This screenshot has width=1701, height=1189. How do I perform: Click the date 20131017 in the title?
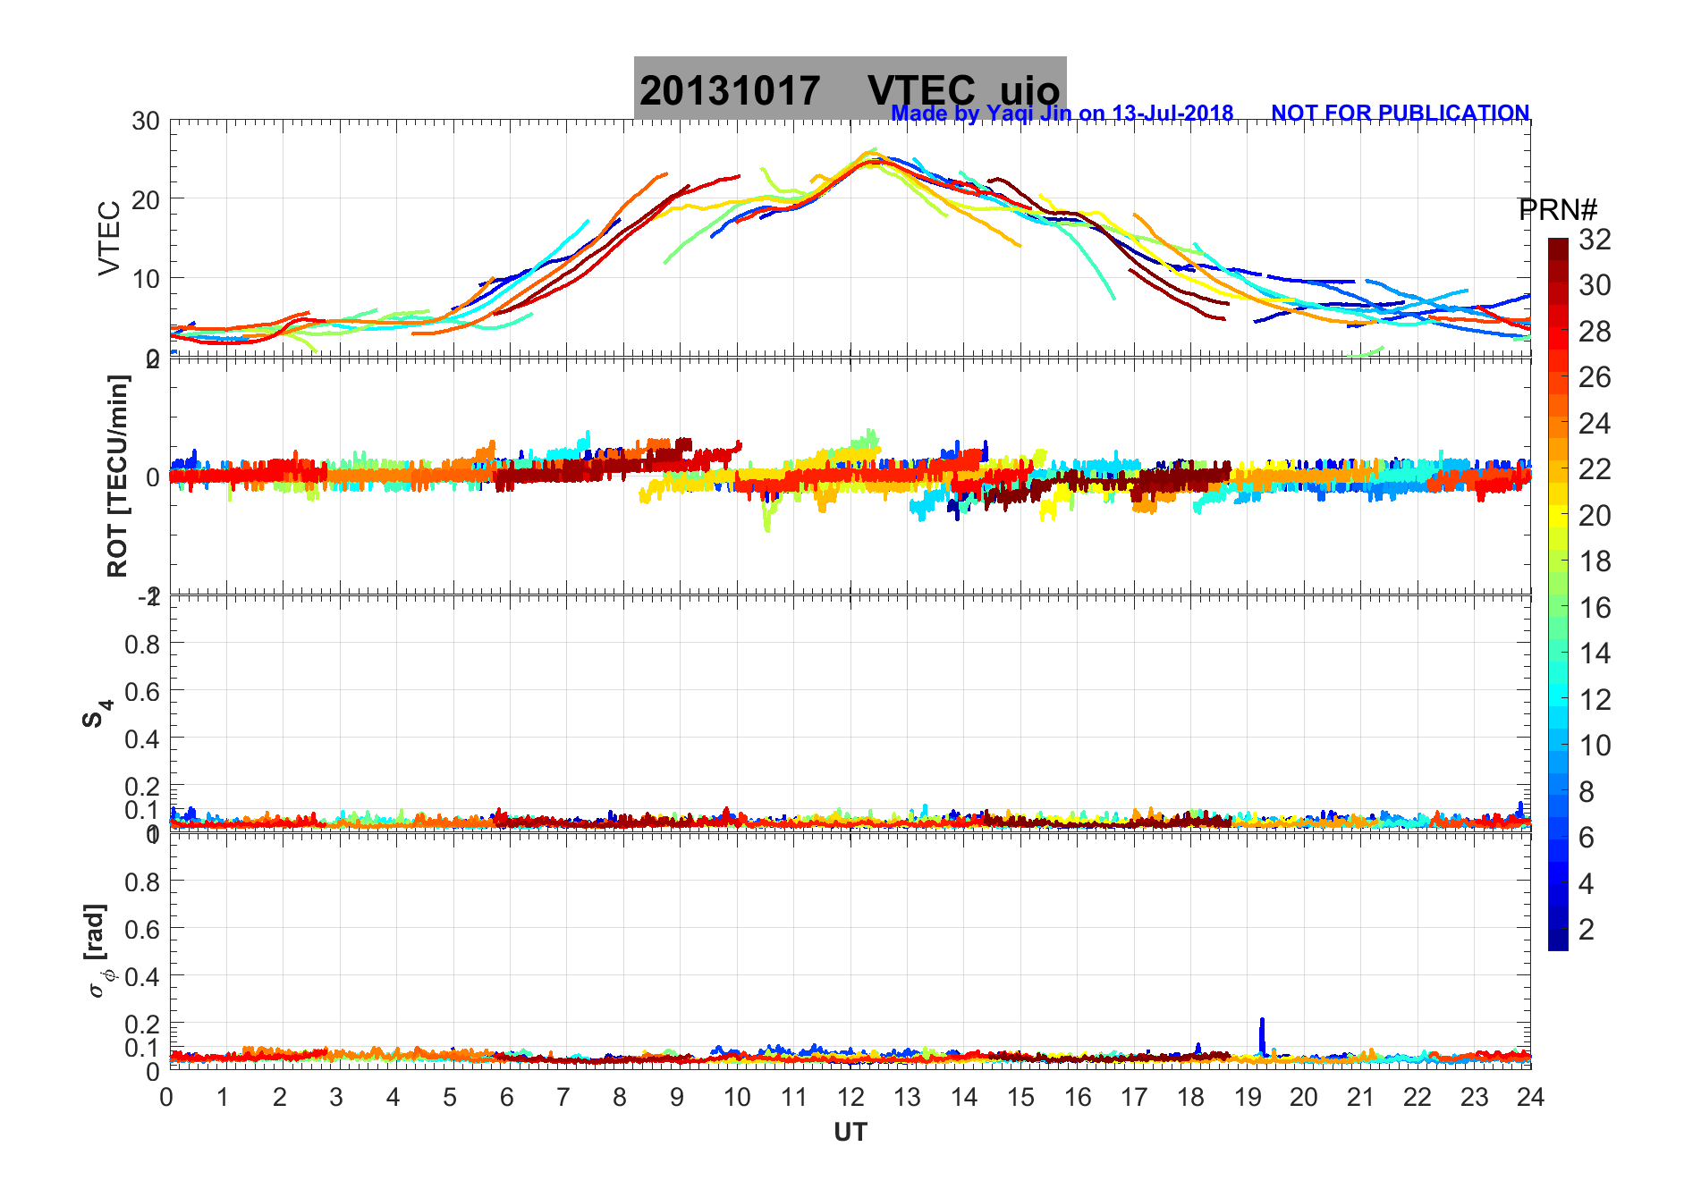[729, 91]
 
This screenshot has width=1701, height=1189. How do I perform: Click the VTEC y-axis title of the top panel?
[109, 239]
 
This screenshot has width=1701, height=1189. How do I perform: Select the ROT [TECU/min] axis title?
[117, 476]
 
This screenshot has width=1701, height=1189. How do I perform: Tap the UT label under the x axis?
[850, 1133]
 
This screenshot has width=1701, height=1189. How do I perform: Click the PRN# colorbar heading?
[1558, 210]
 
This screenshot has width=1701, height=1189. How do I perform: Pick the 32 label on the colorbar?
[1595, 240]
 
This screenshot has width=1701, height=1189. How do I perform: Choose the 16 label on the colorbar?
[1595, 608]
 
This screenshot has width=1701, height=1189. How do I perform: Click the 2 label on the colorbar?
[1587, 930]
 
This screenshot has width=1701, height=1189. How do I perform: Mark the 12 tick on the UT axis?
[850, 1097]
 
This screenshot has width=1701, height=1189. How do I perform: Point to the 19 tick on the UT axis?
[1248, 1097]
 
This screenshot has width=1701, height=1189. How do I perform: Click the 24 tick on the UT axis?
[1530, 1097]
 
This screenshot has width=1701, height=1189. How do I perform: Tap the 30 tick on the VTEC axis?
[146, 122]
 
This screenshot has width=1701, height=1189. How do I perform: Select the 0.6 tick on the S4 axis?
[142, 691]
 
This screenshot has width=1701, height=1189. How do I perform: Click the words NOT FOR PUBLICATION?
[1400, 114]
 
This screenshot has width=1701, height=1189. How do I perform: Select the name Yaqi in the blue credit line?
[1011, 114]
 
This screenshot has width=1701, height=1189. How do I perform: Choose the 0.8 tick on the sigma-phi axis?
[142, 881]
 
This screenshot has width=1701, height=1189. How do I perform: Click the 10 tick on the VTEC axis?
[146, 278]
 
